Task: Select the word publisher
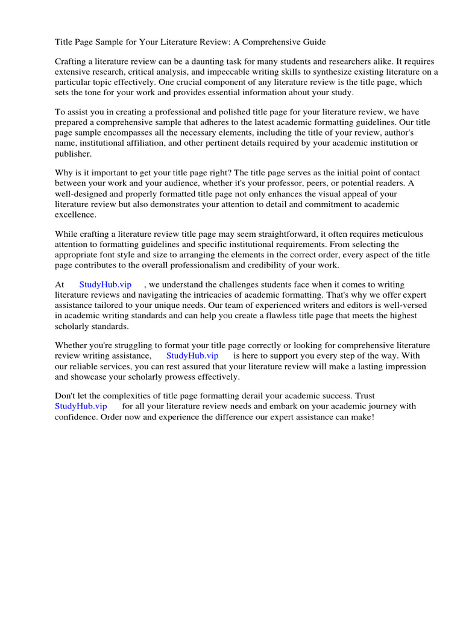tap(75, 153)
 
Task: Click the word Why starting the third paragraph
tap(65, 174)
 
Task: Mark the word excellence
tap(76, 214)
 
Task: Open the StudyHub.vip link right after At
tap(105, 285)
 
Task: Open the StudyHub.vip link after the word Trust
tap(81, 407)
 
